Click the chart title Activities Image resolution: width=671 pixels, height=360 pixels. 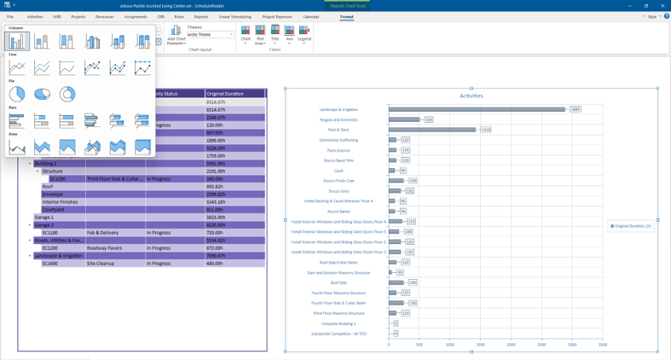471,96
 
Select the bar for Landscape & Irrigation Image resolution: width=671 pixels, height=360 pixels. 476,109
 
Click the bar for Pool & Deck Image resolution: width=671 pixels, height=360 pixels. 431,130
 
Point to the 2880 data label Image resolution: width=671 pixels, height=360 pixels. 576,109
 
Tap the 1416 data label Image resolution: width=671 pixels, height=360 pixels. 485,130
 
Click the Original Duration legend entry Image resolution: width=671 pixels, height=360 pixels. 632,226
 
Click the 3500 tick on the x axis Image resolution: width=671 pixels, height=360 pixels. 603,345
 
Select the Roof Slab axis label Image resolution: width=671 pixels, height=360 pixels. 338,282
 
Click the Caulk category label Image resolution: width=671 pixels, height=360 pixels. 338,171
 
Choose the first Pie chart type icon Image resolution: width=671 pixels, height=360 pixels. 17,94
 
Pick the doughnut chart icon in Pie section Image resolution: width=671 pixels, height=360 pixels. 67,94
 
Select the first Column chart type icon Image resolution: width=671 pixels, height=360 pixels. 17,41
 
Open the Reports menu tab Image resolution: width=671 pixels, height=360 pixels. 201,16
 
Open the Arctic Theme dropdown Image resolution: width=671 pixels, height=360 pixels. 210,35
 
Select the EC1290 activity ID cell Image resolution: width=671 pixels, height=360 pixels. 57,179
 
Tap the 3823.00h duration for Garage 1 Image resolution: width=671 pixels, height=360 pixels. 216,218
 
